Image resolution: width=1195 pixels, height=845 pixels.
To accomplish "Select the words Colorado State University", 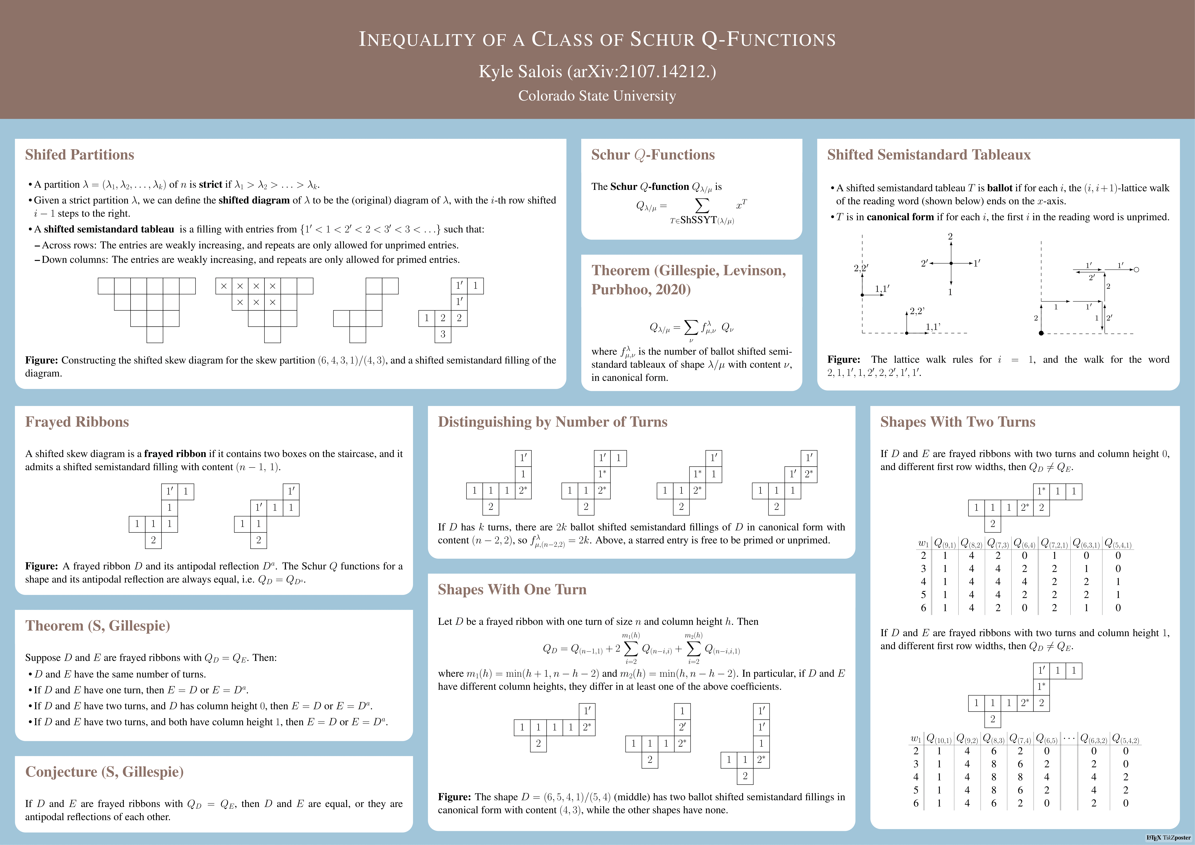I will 597,96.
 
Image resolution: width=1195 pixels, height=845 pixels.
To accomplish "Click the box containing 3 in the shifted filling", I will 443,334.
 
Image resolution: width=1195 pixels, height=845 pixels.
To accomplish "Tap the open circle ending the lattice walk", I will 1136,270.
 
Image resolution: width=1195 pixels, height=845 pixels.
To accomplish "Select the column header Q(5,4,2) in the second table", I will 1125,738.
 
